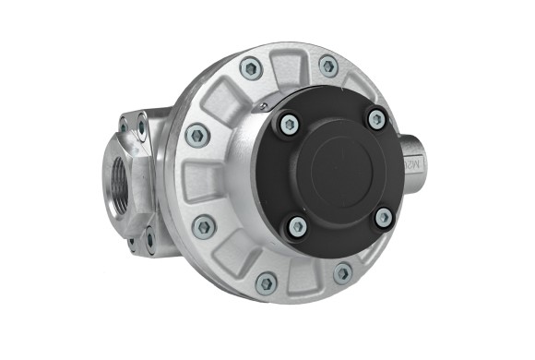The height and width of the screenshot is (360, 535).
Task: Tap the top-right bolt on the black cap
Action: tap(376, 118)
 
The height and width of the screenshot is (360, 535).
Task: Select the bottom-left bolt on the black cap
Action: tap(297, 225)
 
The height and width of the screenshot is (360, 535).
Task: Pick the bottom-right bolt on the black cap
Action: tap(383, 219)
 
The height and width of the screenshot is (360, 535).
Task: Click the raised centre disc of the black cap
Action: tap(339, 173)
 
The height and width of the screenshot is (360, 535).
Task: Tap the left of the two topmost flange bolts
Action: tap(250, 67)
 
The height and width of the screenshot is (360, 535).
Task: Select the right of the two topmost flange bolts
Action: tap(328, 66)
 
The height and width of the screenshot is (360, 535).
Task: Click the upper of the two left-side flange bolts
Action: tap(196, 135)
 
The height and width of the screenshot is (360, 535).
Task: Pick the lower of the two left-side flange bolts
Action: tap(204, 225)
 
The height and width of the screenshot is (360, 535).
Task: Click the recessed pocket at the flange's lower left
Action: tap(231, 259)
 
